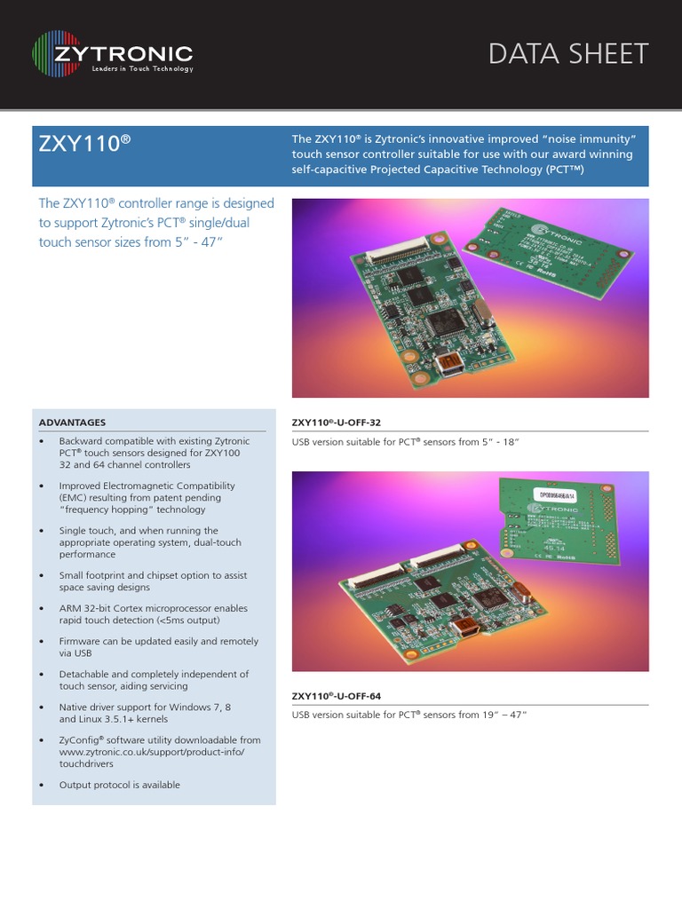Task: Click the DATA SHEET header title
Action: [x=568, y=54]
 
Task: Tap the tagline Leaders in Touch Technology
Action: [x=142, y=69]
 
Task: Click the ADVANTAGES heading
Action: [x=73, y=423]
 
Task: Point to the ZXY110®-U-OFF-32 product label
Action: [x=343, y=423]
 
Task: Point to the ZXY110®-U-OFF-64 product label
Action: [x=343, y=695]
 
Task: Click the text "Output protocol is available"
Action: [x=119, y=785]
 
